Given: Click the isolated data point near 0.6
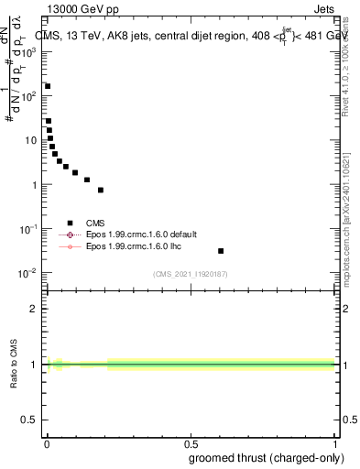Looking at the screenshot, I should coord(221,251).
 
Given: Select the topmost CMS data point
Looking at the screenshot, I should coord(48,86).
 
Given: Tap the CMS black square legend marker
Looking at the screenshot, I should coord(70,223).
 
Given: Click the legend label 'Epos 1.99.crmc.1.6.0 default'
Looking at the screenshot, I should coord(141,234).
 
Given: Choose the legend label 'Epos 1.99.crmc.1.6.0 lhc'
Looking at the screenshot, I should coord(135,246).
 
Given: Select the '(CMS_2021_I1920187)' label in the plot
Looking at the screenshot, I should coord(190,274).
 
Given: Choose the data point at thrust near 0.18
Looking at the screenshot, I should coord(101,191).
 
